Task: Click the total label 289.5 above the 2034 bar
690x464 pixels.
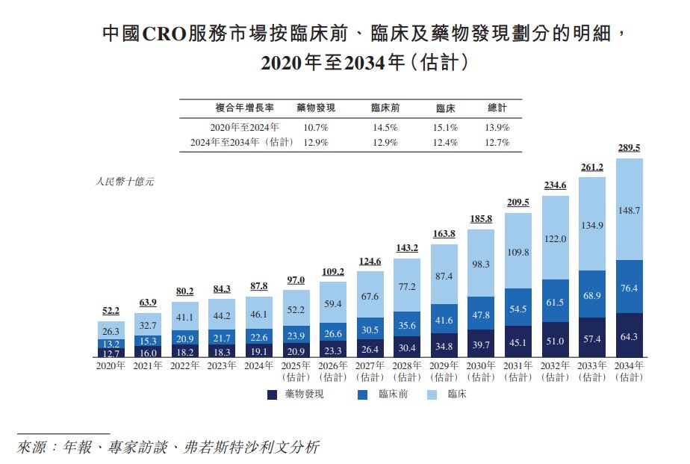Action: pyautogui.click(x=630, y=148)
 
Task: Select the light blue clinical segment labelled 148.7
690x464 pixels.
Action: pyautogui.click(x=630, y=210)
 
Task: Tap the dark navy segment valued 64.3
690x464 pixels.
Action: pyautogui.click(x=630, y=337)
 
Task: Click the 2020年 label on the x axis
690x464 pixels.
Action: pyautogui.click(x=111, y=366)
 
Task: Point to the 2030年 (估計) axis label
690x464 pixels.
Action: pyautogui.click(x=481, y=371)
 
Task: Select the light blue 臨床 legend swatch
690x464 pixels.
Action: pyautogui.click(x=434, y=394)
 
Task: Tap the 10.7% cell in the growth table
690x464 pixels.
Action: pyautogui.click(x=317, y=128)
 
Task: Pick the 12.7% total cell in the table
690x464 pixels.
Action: pyautogui.click(x=497, y=142)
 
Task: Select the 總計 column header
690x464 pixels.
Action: pyautogui.click(x=497, y=108)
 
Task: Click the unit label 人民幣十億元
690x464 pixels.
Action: pyautogui.click(x=125, y=182)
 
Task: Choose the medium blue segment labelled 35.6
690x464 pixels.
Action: pyautogui.click(x=407, y=326)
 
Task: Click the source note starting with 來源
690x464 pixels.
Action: pyautogui.click(x=168, y=448)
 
